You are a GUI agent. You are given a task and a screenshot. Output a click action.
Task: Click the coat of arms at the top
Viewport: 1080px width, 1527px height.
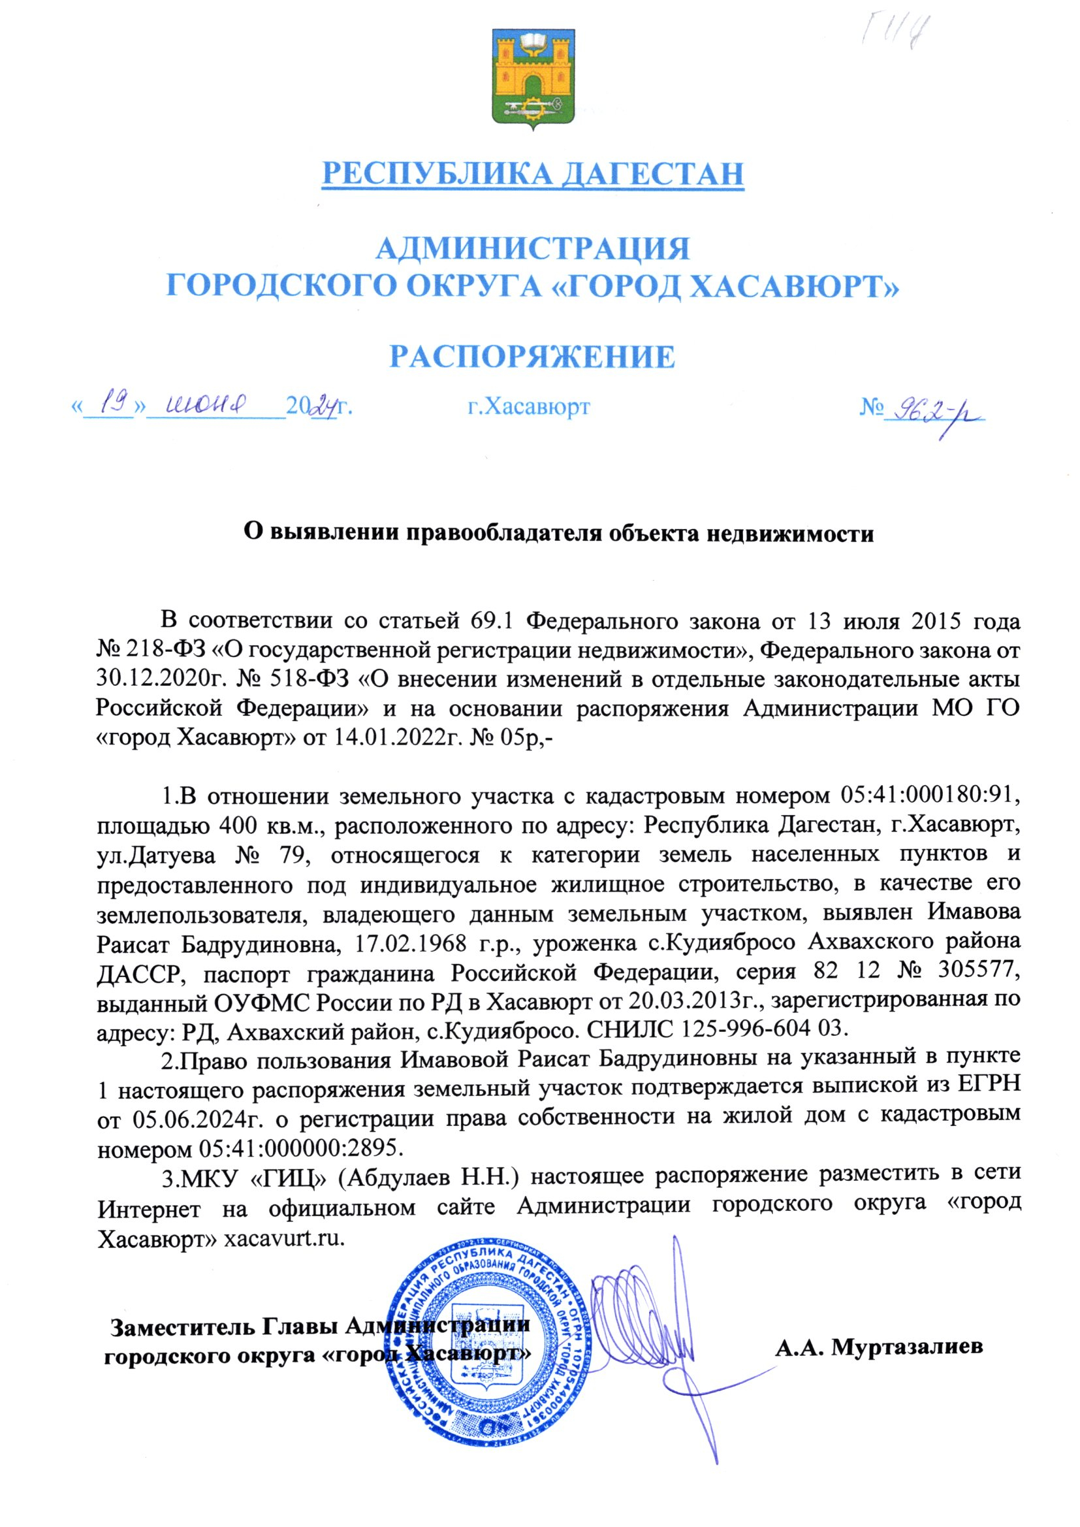pos(533,79)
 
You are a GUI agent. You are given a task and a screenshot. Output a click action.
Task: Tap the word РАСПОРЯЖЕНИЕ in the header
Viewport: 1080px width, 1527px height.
pos(532,357)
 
